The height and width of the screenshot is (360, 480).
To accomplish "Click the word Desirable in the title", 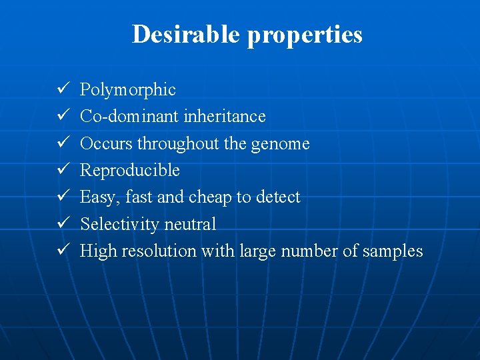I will [187, 33].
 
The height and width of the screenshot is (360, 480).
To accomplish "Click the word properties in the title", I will [305, 35].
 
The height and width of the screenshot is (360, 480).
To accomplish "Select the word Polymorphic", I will [128, 90].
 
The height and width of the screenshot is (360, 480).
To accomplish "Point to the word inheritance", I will [225, 117].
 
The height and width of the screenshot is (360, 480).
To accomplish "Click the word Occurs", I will [107, 143].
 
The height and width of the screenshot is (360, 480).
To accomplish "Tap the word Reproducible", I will [130, 171].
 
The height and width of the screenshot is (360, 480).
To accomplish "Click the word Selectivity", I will [119, 225].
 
